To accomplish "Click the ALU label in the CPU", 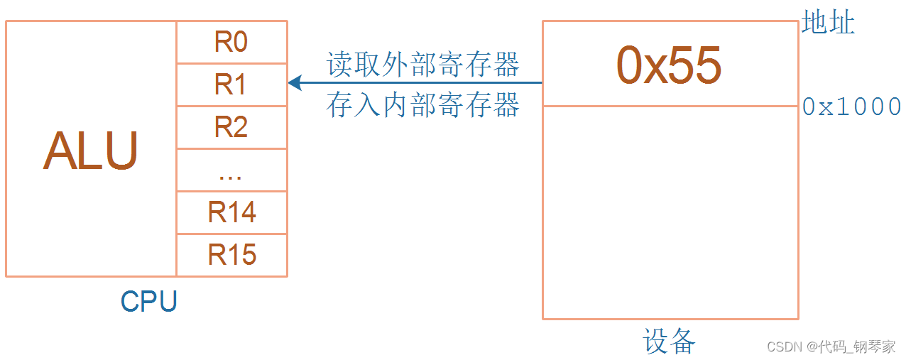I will pos(91,151).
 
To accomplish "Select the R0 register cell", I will pos(231,43).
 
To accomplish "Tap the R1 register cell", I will pos(231,85).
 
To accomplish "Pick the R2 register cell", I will pos(231,127).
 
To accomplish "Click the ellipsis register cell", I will pos(231,171).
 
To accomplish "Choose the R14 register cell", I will pos(231,212).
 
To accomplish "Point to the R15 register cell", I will pos(231,255).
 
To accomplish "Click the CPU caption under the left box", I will pos(148,302).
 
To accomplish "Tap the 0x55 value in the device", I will pos(669,65).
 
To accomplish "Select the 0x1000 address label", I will pos(851,107).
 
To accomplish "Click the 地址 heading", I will pos(828,23).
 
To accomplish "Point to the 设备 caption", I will pos(670,342).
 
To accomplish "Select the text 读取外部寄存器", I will pos(423,65).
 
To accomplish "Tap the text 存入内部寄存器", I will pos(423,105).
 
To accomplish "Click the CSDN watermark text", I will pos(785,347).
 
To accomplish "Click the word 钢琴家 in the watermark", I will pos(875,347).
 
